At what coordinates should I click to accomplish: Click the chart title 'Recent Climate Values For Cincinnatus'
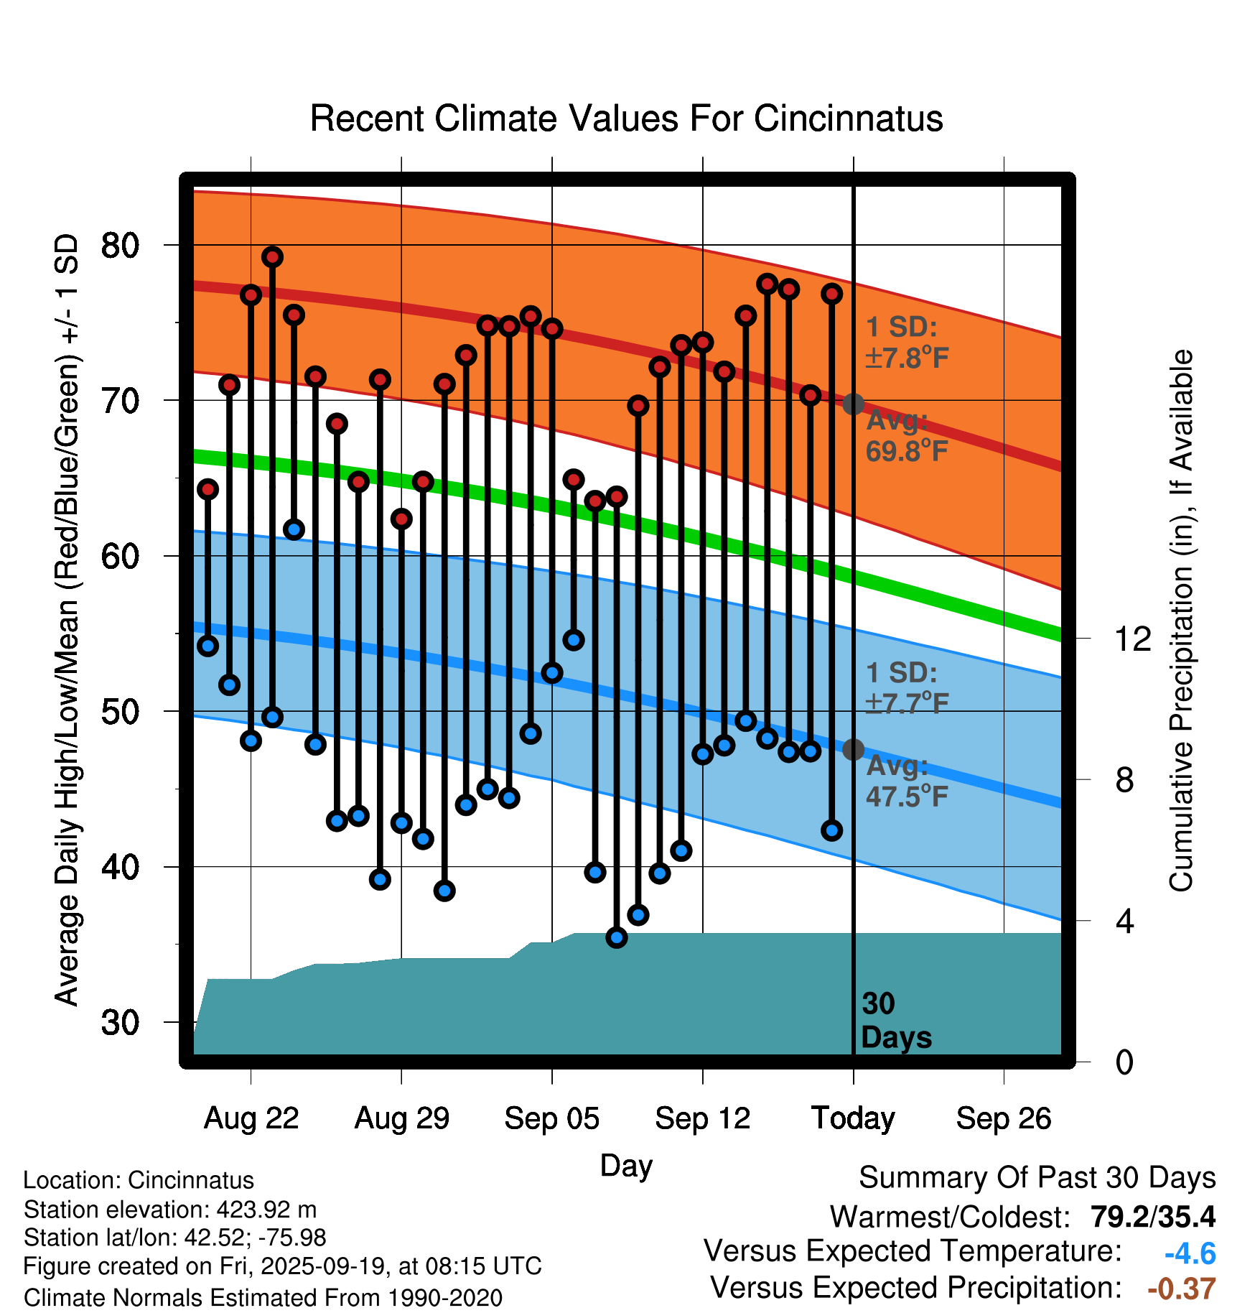pyautogui.click(x=626, y=119)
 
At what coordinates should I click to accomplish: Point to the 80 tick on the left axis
pyautogui.click(x=120, y=246)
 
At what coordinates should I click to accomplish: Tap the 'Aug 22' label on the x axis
pyautogui.click(x=251, y=1118)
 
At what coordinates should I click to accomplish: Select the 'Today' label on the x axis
pyautogui.click(x=853, y=1118)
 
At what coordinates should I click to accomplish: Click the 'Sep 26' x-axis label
pyautogui.click(x=1003, y=1118)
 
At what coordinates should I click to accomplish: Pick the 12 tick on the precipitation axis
pyautogui.click(x=1132, y=639)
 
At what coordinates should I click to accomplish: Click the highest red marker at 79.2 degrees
pyautogui.click(x=272, y=257)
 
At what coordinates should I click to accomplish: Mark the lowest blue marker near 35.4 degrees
pyautogui.click(x=617, y=937)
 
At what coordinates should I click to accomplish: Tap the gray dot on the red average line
pyautogui.click(x=853, y=404)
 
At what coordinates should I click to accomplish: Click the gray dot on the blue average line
pyautogui.click(x=853, y=750)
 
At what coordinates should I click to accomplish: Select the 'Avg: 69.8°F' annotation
pyautogui.click(x=906, y=436)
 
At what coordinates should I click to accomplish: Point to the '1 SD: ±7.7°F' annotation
pyautogui.click(x=906, y=687)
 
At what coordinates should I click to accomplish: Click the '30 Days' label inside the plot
pyautogui.click(x=895, y=1021)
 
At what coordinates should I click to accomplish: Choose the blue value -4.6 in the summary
pyautogui.click(x=1190, y=1254)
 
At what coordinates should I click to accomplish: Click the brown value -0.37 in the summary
pyautogui.click(x=1181, y=1289)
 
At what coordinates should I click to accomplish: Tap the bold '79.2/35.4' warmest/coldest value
pyautogui.click(x=1152, y=1217)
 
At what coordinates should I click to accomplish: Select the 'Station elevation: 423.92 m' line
pyautogui.click(x=170, y=1210)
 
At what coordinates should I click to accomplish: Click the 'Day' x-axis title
pyautogui.click(x=626, y=1165)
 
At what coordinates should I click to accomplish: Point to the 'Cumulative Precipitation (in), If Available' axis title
pyautogui.click(x=1181, y=621)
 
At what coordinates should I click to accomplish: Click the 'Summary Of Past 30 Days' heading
pyautogui.click(x=1037, y=1178)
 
